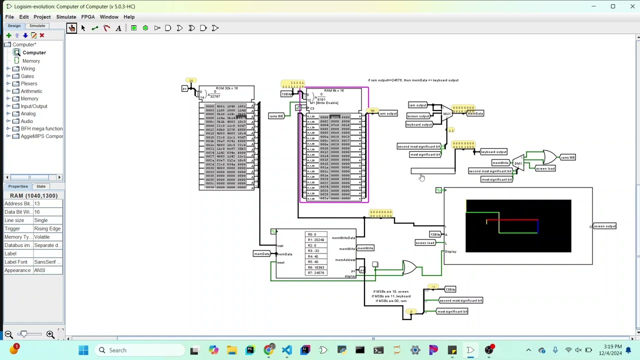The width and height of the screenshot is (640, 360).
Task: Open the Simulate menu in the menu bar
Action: [x=66, y=16]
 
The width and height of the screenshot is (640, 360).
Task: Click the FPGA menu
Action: [x=87, y=16]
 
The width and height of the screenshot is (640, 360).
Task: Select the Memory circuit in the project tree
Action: [x=31, y=61]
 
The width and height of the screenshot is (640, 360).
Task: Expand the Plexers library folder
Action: [x=8, y=83]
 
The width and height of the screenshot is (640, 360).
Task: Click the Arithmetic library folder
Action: [x=31, y=91]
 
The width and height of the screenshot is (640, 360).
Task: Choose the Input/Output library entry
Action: [x=34, y=106]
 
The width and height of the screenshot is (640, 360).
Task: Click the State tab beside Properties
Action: [x=41, y=186]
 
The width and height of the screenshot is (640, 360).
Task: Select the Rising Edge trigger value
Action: [x=47, y=228]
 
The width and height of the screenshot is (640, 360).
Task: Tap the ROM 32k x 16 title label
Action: [x=226, y=88]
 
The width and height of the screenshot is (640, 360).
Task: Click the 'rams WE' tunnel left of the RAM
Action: [x=276, y=116]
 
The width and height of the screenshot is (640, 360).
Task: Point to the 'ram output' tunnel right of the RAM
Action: [x=387, y=113]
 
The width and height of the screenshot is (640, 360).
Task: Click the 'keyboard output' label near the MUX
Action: [x=419, y=124]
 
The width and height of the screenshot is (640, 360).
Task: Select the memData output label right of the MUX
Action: [x=475, y=113]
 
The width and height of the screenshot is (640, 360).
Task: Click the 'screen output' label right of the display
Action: [x=604, y=226]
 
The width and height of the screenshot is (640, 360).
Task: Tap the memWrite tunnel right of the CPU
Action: [x=365, y=248]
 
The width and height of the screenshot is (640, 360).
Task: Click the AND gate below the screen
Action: [x=409, y=268]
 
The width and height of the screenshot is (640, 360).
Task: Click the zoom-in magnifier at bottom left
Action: [x=50, y=334]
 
